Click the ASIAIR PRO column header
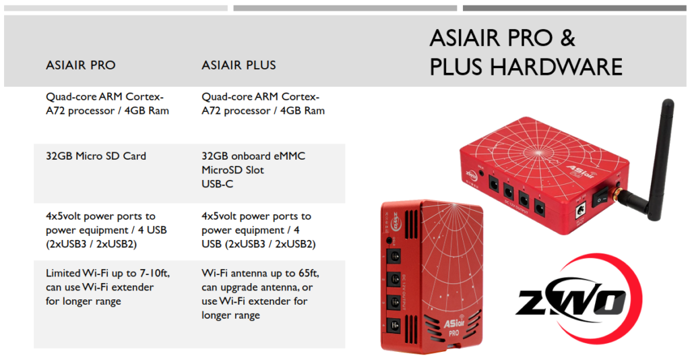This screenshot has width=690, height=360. tap(81, 65)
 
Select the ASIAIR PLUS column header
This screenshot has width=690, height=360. tap(239, 65)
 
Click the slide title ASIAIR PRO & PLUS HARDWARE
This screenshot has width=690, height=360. tap(526, 53)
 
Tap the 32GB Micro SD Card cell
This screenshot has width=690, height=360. tap(96, 156)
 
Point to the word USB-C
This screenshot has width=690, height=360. tap(218, 184)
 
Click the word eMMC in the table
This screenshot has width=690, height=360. tap(288, 156)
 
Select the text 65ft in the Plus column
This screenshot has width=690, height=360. tap(308, 273)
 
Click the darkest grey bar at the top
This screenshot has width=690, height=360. tap(574, 8)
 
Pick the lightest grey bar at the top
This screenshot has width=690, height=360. tap(116, 8)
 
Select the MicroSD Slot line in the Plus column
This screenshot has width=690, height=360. tap(232, 171)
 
